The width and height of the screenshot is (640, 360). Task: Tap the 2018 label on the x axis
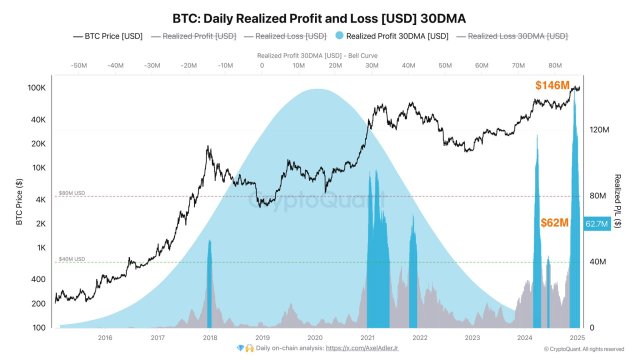[209, 339]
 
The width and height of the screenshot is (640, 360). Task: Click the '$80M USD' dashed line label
[72, 193]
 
